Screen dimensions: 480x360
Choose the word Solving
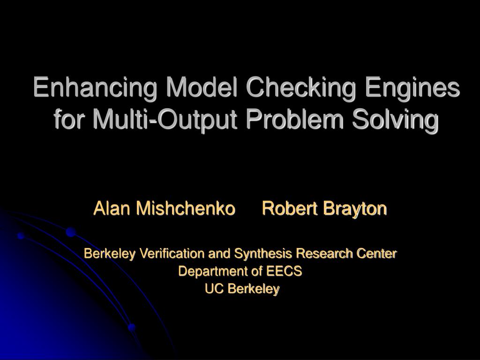(x=395, y=120)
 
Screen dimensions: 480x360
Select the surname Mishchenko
(x=186, y=208)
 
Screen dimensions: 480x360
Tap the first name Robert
(x=290, y=208)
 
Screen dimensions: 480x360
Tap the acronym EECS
(x=284, y=271)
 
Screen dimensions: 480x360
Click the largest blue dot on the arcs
(x=71, y=232)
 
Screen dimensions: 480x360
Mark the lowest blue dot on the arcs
(x=132, y=327)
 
